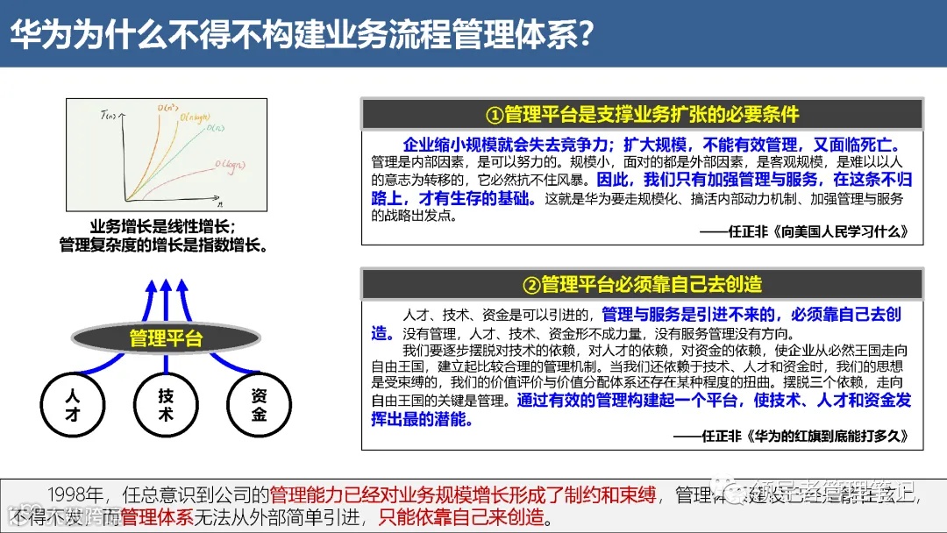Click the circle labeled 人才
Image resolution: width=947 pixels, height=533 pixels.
72,405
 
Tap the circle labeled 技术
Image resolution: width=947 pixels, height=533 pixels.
166,405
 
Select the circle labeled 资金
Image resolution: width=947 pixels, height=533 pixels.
259,405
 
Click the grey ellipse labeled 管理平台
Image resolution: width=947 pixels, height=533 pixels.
166,338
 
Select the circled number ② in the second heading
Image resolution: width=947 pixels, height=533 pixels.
531,284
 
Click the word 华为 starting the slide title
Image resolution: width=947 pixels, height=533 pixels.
34,34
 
